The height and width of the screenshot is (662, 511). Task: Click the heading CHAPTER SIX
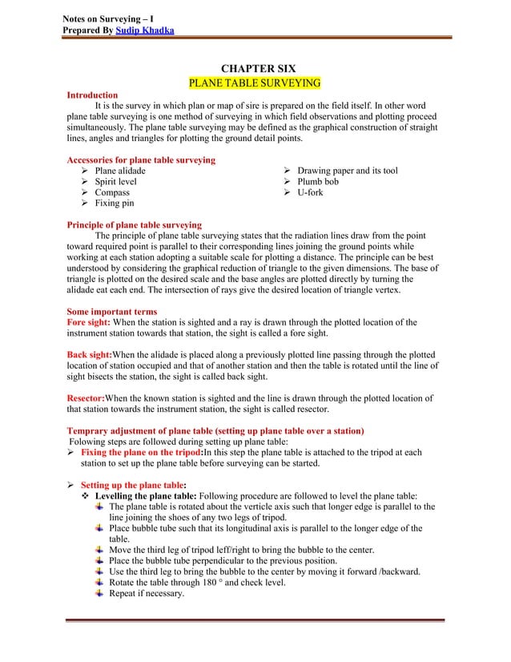(255, 70)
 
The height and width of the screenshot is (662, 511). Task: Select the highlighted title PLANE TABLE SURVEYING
(254, 83)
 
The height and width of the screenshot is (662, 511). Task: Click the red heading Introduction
(92, 95)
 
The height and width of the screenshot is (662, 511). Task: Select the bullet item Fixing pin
(115, 204)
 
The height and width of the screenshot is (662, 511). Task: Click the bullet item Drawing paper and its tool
(347, 172)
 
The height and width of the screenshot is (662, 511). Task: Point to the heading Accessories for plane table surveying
(141, 160)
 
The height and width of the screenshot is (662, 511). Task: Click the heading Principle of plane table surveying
(134, 225)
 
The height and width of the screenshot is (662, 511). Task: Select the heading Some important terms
(111, 312)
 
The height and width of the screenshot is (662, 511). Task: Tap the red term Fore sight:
(87, 323)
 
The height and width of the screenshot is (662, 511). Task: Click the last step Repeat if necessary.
(147, 594)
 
